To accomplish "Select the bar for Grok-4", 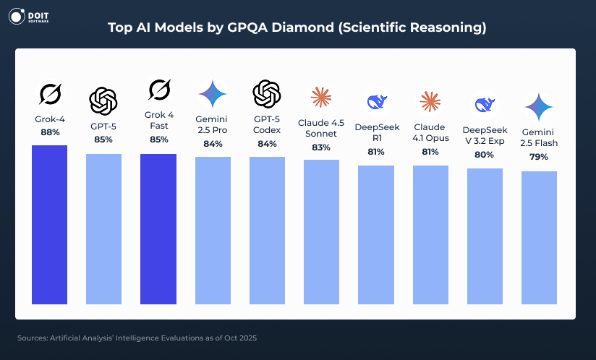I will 50,224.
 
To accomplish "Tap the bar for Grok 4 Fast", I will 158,228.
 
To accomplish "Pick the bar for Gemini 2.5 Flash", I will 539,237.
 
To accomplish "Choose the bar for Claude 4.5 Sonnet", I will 321,231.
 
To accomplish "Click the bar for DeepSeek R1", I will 376,234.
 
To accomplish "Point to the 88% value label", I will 50,133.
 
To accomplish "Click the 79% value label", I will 539,157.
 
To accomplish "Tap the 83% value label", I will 321,147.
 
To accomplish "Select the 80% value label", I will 485,155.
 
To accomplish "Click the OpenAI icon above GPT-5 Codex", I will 266,93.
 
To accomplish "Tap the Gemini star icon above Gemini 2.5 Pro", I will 213,93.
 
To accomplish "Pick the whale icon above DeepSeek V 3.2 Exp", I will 485,105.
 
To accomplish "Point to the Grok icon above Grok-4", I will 50,94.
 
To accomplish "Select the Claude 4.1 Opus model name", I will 430,132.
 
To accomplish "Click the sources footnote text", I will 137,338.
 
